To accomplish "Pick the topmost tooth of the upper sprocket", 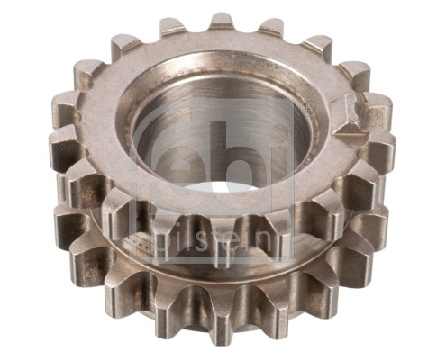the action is (x=223, y=22).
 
